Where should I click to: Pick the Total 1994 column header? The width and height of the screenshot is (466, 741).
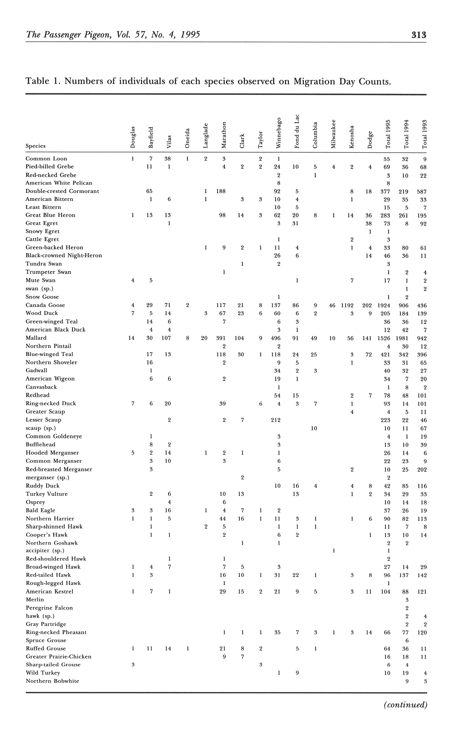406,134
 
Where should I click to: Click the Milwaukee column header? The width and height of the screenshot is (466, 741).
333,134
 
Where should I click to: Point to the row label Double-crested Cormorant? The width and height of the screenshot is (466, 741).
62,191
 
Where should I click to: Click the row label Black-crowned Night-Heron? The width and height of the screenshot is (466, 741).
64,255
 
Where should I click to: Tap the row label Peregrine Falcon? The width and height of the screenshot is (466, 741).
49,608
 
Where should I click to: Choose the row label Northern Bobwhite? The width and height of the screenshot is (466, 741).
52,681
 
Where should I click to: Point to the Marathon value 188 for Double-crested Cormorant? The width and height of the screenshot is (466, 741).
221,191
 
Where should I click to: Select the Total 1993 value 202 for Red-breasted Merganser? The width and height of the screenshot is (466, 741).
422,470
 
